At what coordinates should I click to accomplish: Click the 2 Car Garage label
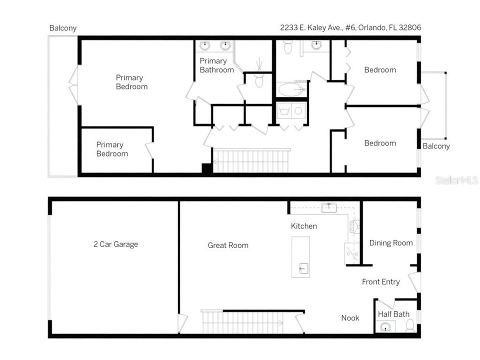click(x=115, y=244)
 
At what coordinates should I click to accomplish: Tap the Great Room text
click(x=228, y=245)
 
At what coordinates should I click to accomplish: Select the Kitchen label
click(x=303, y=226)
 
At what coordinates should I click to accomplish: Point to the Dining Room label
click(x=391, y=243)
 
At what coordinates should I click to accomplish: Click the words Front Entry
click(x=381, y=282)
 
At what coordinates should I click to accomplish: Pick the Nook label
click(x=350, y=318)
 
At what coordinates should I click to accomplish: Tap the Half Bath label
click(x=393, y=314)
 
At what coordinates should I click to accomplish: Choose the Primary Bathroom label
click(x=216, y=65)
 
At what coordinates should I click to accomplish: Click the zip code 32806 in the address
click(x=410, y=27)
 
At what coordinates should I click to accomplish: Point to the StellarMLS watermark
click(x=456, y=180)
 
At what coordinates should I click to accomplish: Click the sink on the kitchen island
click(x=303, y=268)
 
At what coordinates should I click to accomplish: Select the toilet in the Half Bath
click(x=410, y=325)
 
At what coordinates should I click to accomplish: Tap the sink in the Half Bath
click(x=385, y=327)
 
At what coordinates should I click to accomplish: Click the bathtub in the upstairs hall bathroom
click(x=291, y=89)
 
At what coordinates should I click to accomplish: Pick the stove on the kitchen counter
click(x=354, y=226)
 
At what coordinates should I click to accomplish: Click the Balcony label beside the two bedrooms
click(x=436, y=146)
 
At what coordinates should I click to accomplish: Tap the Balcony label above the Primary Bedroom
click(x=63, y=28)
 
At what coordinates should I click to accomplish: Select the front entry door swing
click(x=413, y=282)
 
